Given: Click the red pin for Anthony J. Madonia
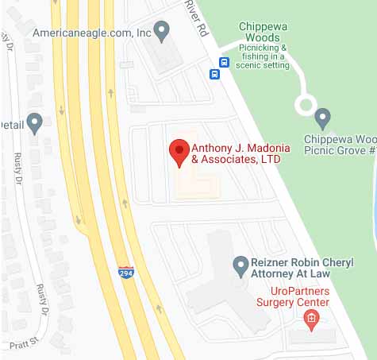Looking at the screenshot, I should tap(179, 149).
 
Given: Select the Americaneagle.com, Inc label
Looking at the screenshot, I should tap(92, 33).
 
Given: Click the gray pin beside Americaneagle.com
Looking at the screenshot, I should tap(162, 32).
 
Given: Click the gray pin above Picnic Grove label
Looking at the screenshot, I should tap(322, 119).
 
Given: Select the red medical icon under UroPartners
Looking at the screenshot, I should tap(311, 320).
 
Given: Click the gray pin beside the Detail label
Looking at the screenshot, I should tap(34, 123).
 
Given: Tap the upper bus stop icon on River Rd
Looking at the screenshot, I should tap(225, 62).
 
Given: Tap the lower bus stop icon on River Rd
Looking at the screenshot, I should tap(214, 75).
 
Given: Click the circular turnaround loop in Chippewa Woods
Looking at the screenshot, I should tap(306, 104).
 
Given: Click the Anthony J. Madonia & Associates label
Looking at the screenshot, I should tap(237, 153).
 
